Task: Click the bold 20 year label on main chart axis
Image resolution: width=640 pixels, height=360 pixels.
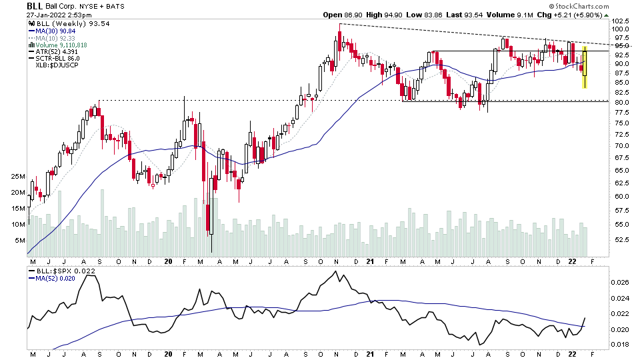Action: click(168, 261)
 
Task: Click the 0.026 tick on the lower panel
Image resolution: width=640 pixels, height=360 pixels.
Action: click(620, 283)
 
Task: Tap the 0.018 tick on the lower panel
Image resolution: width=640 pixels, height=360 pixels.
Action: click(620, 345)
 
